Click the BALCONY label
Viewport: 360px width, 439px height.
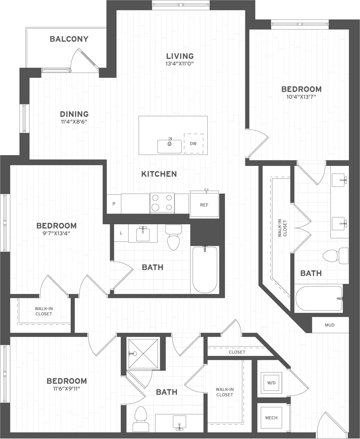[69, 39]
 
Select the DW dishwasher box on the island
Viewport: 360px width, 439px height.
[193, 143]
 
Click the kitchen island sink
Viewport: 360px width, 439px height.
[170, 146]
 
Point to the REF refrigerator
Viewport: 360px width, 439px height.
[204, 205]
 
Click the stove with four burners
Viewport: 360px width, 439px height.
[162, 203]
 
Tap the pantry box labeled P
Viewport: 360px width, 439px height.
[114, 204]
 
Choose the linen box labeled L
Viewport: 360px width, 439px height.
[121, 233]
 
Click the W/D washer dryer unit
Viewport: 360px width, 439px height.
[271, 383]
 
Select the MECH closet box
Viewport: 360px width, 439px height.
[271, 418]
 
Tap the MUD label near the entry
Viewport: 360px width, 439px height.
[329, 325]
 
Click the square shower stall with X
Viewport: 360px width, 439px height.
[143, 353]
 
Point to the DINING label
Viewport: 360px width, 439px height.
[74, 114]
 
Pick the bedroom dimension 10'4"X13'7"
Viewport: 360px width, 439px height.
[301, 97]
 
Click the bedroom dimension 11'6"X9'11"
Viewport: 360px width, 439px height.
[67, 389]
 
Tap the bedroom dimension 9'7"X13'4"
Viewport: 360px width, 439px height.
[56, 234]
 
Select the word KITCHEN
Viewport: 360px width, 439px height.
[159, 174]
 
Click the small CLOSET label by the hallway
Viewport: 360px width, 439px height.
[237, 352]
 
